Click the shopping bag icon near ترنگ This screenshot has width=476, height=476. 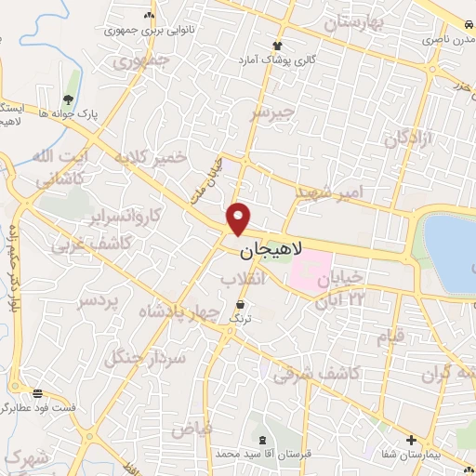point(242,304)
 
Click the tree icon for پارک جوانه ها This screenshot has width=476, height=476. point(68,99)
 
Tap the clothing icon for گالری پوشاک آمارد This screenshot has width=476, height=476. point(276,45)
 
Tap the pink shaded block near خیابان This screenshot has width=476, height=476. point(311,269)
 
